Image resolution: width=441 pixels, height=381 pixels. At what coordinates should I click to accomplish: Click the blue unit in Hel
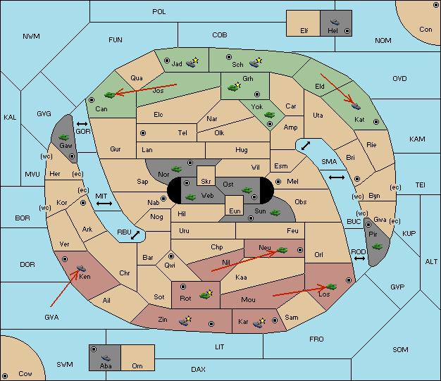coord(335,22)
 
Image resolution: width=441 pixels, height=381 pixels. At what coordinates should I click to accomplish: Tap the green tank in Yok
coord(269,115)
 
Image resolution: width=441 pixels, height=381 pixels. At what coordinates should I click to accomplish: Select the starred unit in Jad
coord(192,63)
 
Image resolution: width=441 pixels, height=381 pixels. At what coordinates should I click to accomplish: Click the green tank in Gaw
coord(63,137)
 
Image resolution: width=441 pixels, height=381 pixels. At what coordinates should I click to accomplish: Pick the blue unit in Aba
coord(106,358)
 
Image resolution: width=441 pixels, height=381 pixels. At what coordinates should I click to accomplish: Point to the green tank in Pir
coord(377,246)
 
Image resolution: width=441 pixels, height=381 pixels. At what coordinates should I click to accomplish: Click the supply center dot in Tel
coord(143,133)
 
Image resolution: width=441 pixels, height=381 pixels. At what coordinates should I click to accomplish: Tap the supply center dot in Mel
coord(278,182)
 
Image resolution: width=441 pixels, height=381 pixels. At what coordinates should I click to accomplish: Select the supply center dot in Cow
coord(5,375)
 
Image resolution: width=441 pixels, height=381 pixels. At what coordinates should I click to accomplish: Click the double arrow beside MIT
coord(104,204)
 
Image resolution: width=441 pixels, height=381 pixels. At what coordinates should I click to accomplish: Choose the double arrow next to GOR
coord(82,124)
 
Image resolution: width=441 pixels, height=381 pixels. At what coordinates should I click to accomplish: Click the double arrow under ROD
coord(359,258)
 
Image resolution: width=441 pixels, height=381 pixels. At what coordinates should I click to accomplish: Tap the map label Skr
coord(206,182)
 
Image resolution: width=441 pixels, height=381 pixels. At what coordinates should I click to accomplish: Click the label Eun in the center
coord(235,211)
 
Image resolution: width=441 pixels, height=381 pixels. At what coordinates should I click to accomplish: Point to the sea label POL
coord(159,12)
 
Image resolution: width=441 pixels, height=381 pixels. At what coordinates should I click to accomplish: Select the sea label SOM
coord(400,349)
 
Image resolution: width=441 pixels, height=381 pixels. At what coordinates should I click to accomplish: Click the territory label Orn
coord(137,366)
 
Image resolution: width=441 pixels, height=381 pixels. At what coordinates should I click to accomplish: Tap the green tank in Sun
coord(275,213)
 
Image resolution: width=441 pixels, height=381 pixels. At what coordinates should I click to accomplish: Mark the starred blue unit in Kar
coord(259,323)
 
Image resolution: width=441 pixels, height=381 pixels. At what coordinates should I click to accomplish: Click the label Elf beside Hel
coord(304,31)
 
